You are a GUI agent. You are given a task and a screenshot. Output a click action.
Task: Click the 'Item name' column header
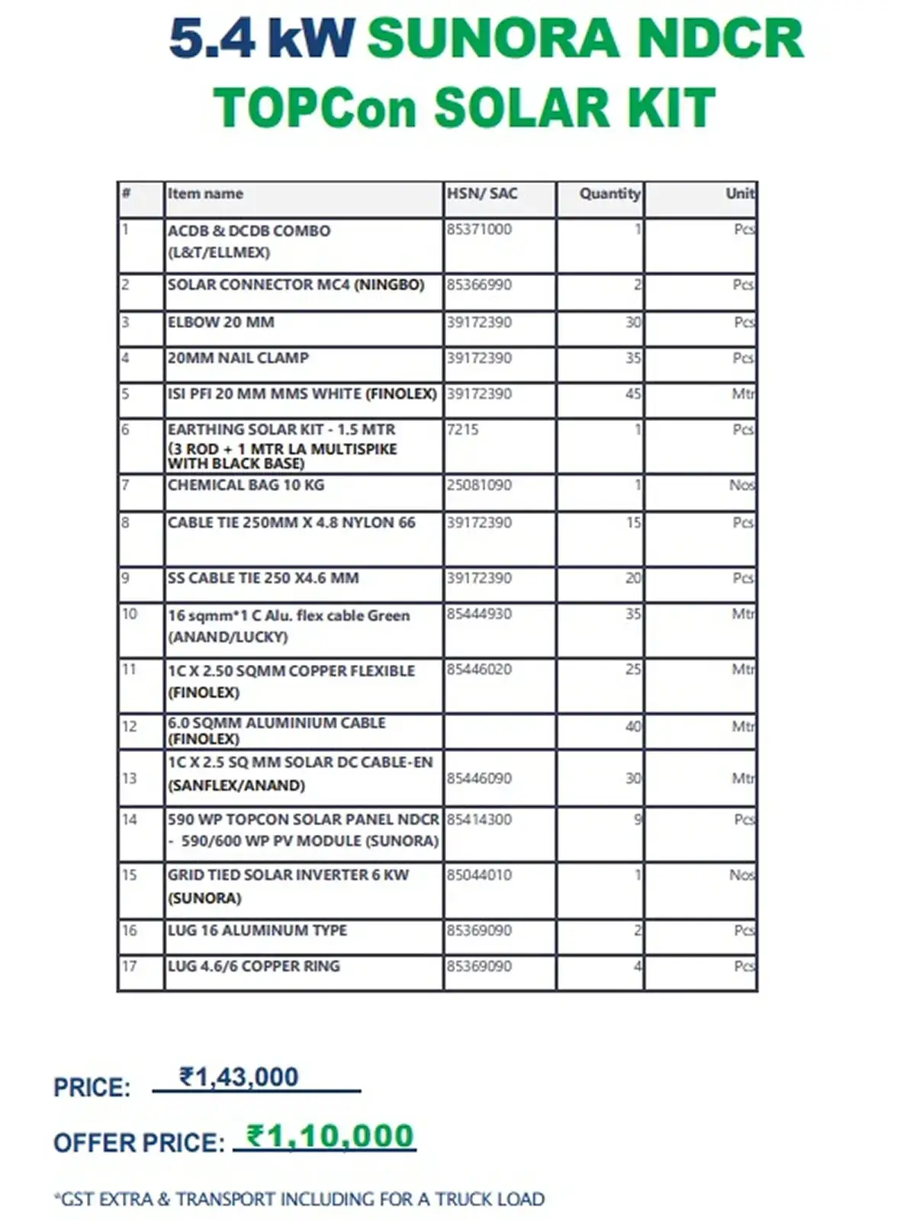(x=205, y=194)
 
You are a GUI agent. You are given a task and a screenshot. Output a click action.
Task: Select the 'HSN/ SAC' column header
(x=481, y=194)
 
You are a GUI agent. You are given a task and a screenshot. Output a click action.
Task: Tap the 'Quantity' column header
(x=609, y=194)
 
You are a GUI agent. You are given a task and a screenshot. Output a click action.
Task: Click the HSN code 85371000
(x=479, y=230)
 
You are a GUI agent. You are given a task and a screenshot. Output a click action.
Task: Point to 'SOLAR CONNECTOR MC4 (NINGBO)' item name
(x=296, y=285)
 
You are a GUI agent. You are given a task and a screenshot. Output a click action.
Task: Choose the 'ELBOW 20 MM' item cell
(x=221, y=323)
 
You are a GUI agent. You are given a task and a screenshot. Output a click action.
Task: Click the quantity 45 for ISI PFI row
(x=633, y=394)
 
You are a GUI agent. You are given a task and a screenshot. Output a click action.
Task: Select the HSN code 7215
(x=463, y=430)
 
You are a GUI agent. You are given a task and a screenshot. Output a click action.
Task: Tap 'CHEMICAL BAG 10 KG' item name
(x=246, y=485)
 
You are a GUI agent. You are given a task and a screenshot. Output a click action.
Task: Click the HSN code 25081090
(x=479, y=485)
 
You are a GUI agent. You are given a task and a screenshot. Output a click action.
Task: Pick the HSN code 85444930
(x=479, y=615)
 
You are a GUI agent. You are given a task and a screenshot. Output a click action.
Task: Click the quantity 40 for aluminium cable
(x=633, y=727)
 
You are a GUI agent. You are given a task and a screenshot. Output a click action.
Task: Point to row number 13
(x=130, y=779)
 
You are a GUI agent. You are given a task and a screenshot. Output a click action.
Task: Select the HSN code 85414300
(x=479, y=820)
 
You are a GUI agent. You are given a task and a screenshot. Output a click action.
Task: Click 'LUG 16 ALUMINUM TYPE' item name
(x=258, y=931)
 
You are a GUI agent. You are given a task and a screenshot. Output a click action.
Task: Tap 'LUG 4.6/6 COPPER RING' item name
(x=254, y=966)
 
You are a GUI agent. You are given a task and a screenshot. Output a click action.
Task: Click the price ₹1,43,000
(x=239, y=1077)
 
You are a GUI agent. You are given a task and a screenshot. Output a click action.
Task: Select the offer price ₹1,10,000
(x=330, y=1136)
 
